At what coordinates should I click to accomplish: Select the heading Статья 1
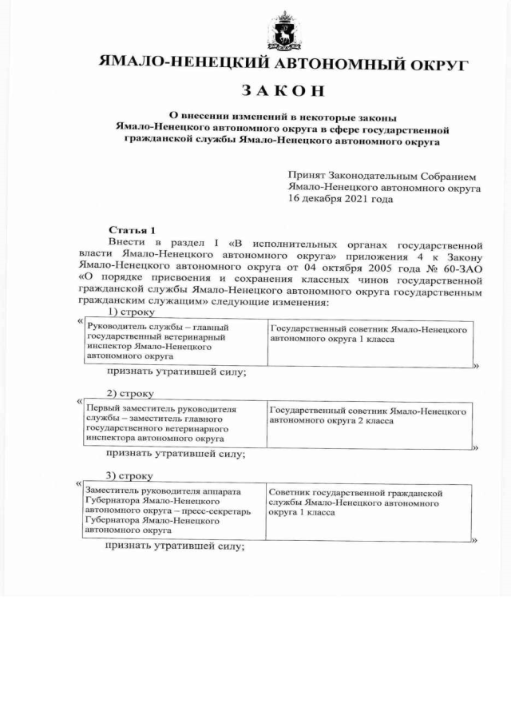[x=132, y=229]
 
